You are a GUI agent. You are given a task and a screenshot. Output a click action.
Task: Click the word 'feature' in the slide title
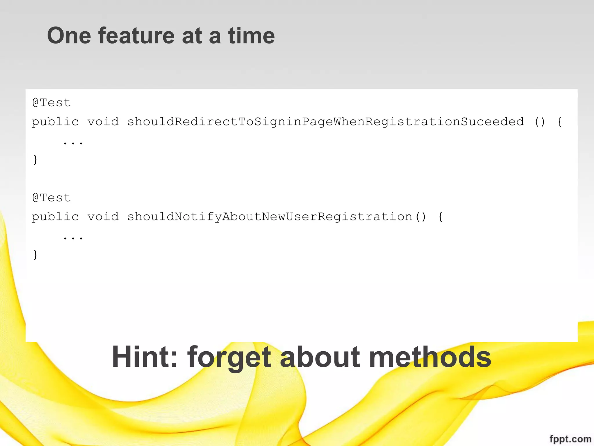pyautogui.click(x=136, y=35)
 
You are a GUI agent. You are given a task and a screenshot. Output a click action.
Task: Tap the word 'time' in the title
pyautogui.click(x=251, y=35)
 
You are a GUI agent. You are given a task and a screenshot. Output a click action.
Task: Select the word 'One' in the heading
pyautogui.click(x=69, y=35)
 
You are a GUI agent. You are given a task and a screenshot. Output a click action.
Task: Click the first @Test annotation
pyautogui.click(x=51, y=103)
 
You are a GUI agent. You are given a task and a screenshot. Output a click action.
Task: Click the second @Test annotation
pyautogui.click(x=51, y=198)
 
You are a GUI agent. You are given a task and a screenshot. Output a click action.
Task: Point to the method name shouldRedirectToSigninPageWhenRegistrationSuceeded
pyautogui.click(x=325, y=122)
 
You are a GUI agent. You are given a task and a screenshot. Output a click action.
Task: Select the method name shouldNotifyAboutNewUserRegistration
pyautogui.click(x=270, y=217)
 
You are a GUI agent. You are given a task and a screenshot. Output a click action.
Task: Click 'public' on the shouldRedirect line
pyautogui.click(x=55, y=122)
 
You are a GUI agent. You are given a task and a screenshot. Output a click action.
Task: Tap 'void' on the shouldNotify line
pyautogui.click(x=103, y=217)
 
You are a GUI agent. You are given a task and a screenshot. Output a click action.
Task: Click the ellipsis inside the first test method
pyautogui.click(x=73, y=143)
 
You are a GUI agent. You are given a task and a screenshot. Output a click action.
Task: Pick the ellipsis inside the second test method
pyautogui.click(x=73, y=238)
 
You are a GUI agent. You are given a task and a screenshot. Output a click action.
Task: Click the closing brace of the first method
pyautogui.click(x=35, y=160)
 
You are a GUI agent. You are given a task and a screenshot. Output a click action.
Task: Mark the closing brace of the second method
pyautogui.click(x=35, y=255)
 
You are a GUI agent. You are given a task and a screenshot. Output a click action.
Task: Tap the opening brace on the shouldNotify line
pyautogui.click(x=440, y=217)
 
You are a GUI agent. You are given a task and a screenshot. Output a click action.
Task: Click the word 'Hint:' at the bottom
pyautogui.click(x=144, y=357)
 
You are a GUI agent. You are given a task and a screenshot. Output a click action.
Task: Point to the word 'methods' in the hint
pyautogui.click(x=430, y=357)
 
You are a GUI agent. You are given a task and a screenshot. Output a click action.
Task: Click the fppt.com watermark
pyautogui.click(x=570, y=439)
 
